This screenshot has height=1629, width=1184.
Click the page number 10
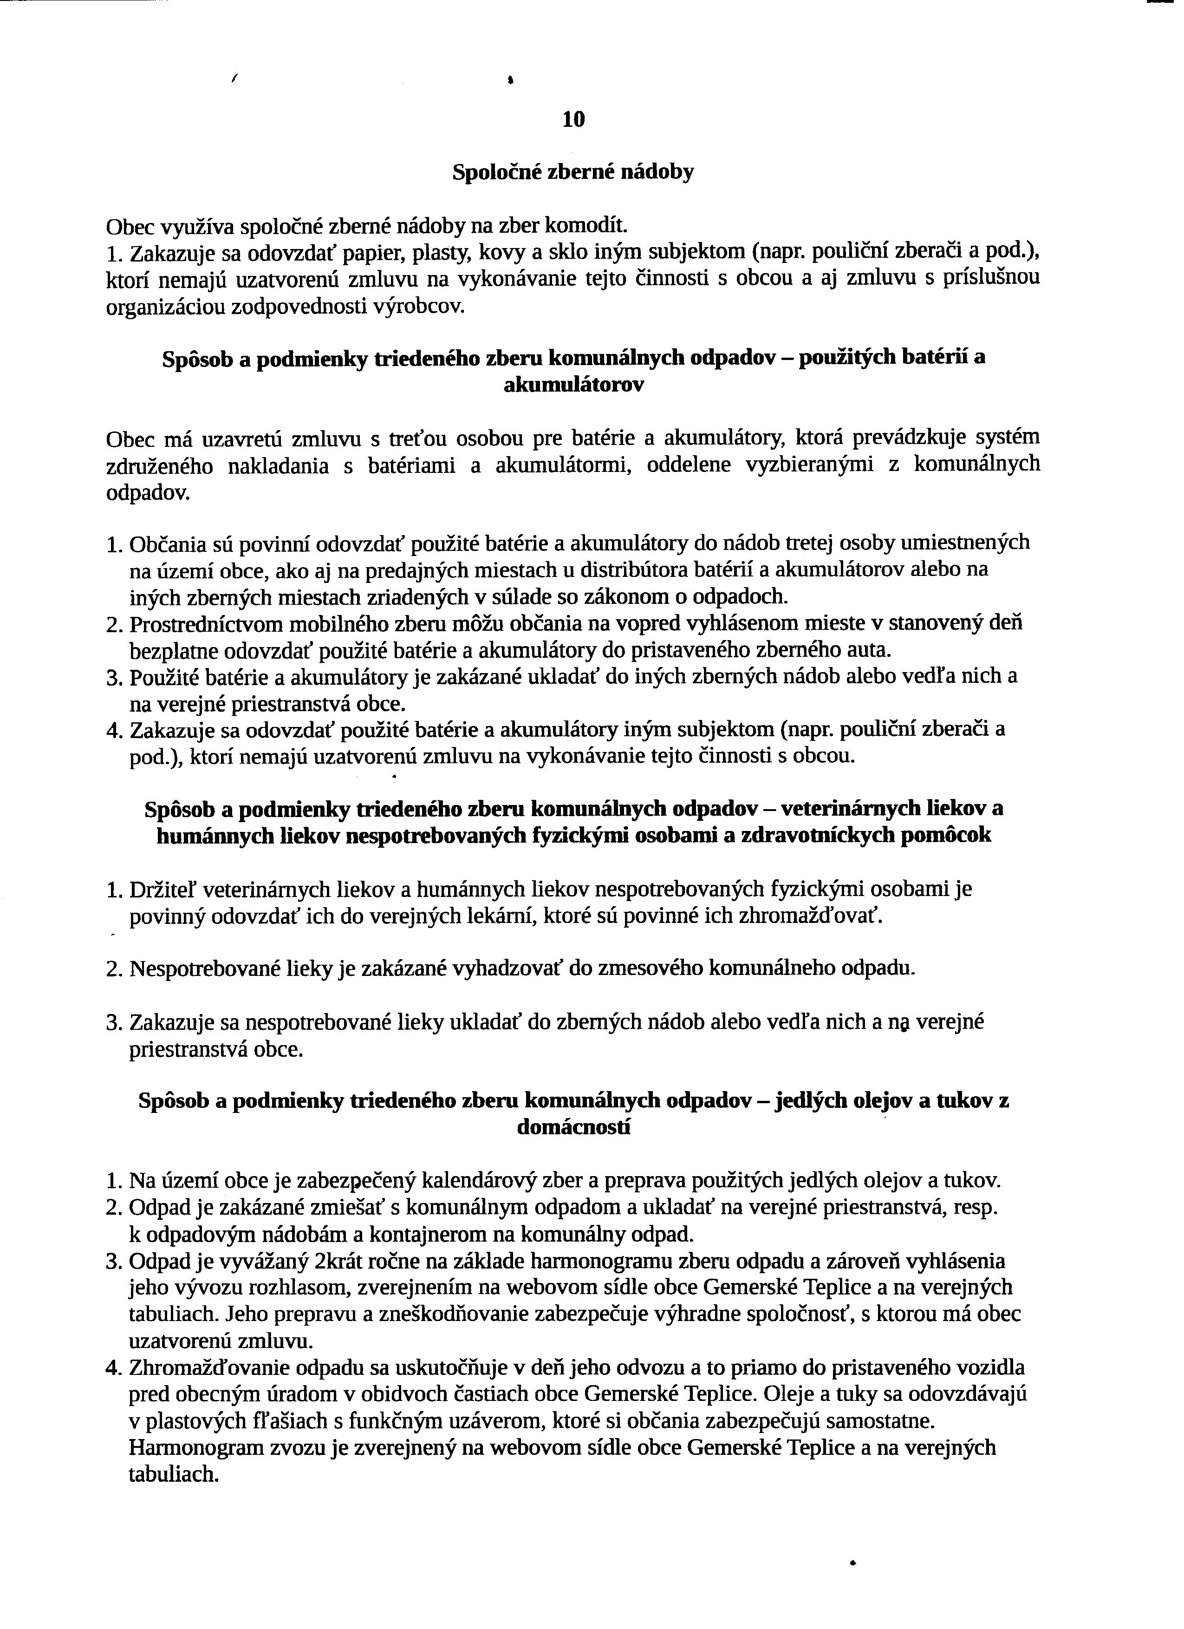coord(574,119)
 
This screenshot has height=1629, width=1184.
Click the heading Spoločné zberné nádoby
coord(573,172)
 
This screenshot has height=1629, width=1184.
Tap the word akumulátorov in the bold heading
coord(574,385)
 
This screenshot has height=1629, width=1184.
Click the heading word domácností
coord(574,1128)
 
